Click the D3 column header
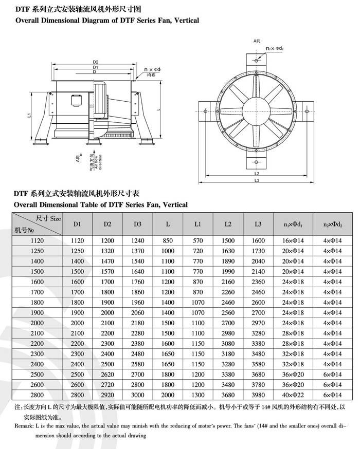coord(137,224)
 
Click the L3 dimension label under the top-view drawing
coord(257,180)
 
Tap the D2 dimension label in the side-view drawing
coord(96,62)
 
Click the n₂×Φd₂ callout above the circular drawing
coord(275,48)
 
